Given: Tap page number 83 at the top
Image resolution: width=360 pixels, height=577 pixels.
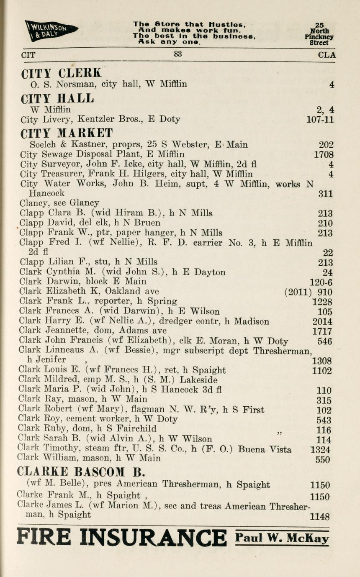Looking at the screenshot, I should click(x=178, y=54).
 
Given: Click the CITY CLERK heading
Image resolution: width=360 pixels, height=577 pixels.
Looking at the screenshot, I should click(x=61, y=73).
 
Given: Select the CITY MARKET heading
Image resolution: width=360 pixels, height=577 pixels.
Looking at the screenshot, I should click(x=67, y=133).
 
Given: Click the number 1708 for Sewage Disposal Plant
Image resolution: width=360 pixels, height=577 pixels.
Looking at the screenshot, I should click(x=324, y=155).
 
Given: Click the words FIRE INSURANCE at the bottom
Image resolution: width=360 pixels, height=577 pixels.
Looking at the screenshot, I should click(x=121, y=537).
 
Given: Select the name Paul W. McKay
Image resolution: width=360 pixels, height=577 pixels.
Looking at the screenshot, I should click(x=282, y=538).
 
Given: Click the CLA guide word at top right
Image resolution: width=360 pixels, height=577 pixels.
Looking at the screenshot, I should click(x=327, y=55).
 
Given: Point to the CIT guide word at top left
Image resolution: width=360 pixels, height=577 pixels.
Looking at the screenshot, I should click(x=28, y=55).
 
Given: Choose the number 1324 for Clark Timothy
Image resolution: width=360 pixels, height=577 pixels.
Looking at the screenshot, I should click(x=320, y=450).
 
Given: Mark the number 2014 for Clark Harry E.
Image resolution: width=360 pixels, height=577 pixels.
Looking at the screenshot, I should click(x=322, y=322).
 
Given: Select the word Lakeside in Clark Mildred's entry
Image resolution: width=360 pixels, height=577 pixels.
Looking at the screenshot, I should click(x=198, y=380).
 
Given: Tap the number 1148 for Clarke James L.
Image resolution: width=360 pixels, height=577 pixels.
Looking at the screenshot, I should click(x=320, y=517).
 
